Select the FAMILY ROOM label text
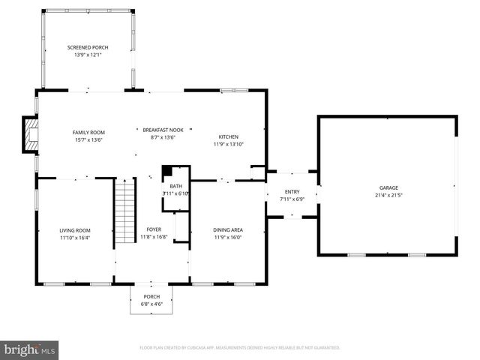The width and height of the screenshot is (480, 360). click(x=88, y=131)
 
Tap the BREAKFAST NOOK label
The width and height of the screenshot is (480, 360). click(x=163, y=130)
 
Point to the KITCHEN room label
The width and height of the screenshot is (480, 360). click(x=229, y=136)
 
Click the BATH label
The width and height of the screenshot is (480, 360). click(x=176, y=186)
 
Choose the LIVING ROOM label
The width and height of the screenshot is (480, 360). click(x=75, y=230)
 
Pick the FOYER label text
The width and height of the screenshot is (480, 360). click(x=154, y=229)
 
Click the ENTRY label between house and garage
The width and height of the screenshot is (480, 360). click(x=292, y=193)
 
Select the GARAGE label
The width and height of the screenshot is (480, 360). click(x=388, y=187)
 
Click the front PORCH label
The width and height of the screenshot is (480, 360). click(x=152, y=297)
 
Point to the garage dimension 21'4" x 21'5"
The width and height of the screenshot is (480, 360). click(x=388, y=195)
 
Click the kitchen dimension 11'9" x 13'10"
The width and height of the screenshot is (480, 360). click(x=229, y=144)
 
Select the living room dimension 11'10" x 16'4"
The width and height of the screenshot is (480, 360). click(x=75, y=238)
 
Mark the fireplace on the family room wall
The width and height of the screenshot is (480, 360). click(x=31, y=134)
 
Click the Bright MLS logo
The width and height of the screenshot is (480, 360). click(x=30, y=349)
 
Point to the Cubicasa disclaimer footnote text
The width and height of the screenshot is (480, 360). click(x=240, y=348)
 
